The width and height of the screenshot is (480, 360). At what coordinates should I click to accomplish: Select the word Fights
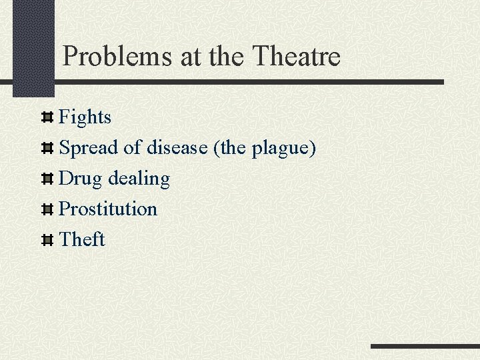coord(85,117)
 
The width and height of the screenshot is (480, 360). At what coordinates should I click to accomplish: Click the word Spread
coord(89,148)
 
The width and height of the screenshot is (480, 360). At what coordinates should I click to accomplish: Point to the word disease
coord(177,147)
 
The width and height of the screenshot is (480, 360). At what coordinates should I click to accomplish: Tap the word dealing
coord(139,179)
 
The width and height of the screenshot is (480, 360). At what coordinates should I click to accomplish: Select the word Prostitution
coord(108,209)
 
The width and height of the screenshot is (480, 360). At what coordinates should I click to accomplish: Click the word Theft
coord(82,239)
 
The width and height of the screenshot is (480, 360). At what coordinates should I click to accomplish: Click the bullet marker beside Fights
coord(47,118)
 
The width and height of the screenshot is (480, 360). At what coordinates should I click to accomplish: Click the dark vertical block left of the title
coord(33,47)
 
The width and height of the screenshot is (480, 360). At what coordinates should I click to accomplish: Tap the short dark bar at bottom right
coord(425,347)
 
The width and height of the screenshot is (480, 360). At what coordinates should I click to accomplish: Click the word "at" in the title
coord(190,57)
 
